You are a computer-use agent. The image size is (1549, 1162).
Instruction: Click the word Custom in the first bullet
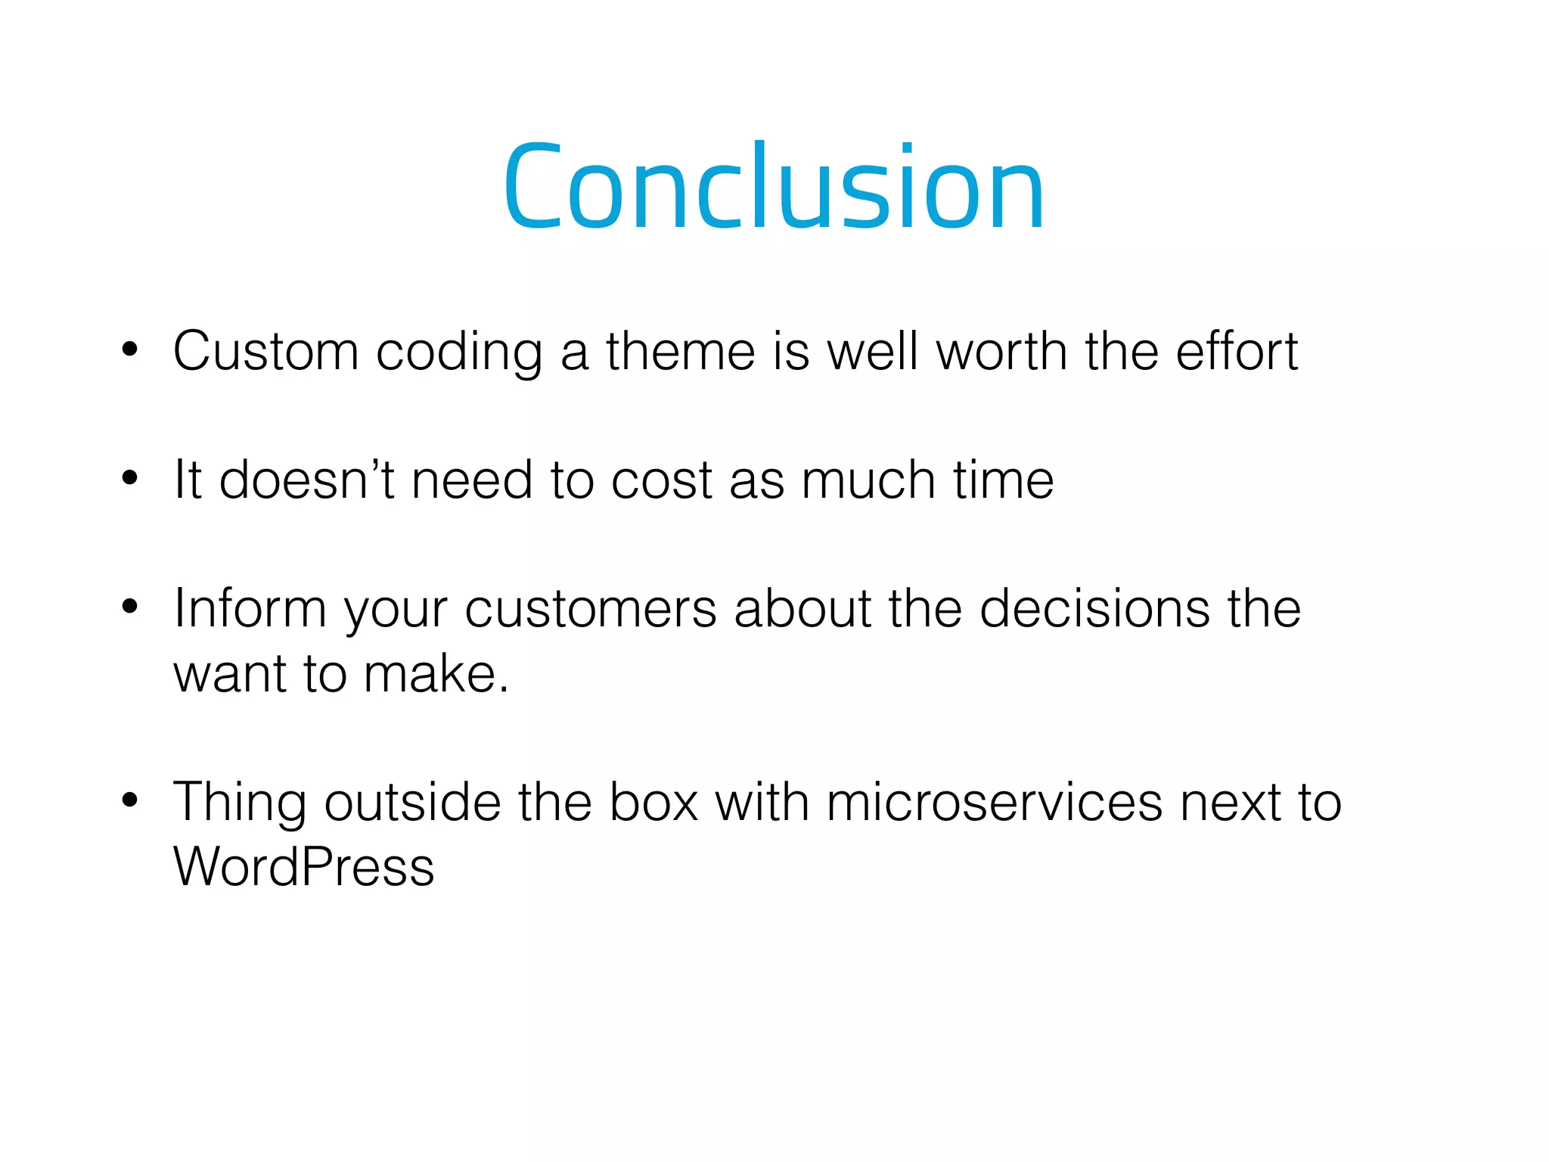[x=265, y=353]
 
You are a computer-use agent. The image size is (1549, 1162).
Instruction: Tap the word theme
[x=680, y=353]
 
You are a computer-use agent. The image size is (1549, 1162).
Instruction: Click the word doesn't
[x=306, y=480]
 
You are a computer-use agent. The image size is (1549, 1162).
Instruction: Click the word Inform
[x=250, y=609]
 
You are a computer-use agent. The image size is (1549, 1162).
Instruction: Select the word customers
[x=590, y=611]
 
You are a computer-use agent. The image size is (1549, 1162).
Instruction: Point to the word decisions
[x=1094, y=609]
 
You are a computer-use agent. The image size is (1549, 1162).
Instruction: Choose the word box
[x=653, y=802]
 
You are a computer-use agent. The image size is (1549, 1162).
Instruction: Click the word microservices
[x=995, y=802]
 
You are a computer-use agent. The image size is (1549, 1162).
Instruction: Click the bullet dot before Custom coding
[x=130, y=350]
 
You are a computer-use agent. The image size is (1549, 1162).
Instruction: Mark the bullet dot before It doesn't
[x=130, y=478]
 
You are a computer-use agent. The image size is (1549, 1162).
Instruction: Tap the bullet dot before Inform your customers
[x=130, y=607]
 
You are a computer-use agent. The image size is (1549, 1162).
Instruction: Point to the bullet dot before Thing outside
[x=130, y=800]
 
